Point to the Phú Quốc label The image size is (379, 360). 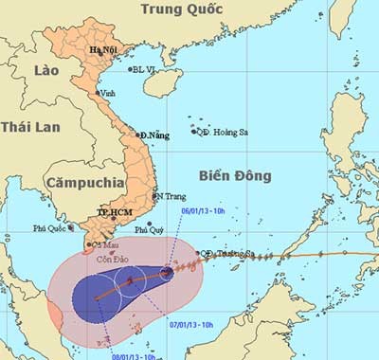click(x=53, y=228)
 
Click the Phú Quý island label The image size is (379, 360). click(x=149, y=229)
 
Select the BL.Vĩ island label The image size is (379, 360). click(x=144, y=68)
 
